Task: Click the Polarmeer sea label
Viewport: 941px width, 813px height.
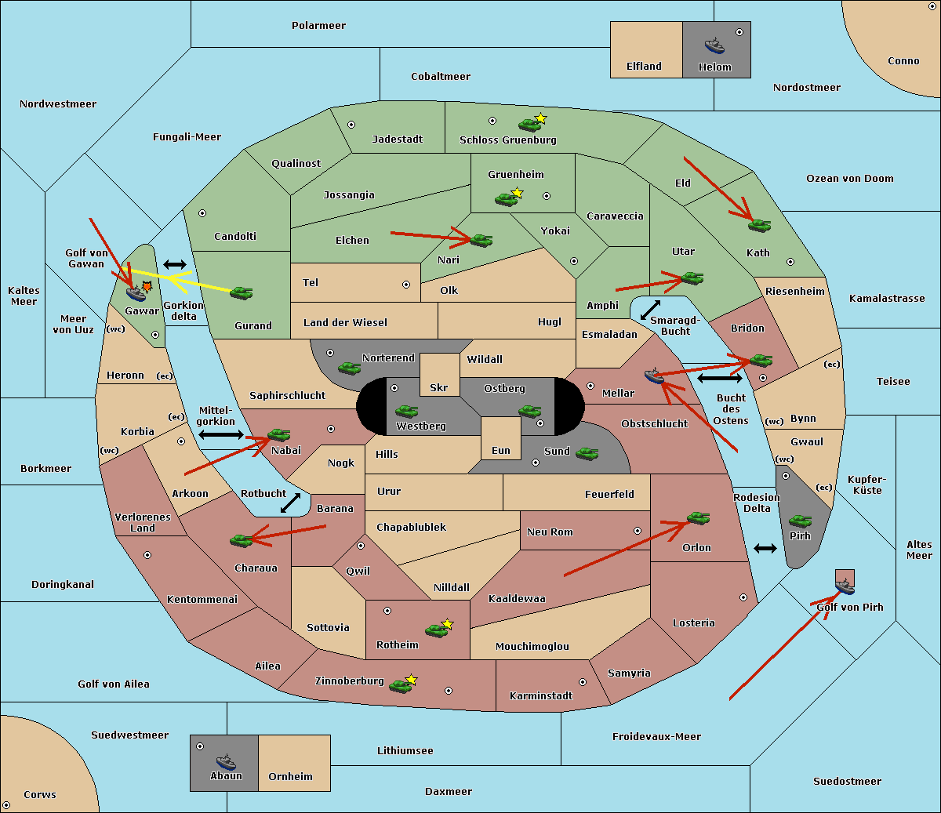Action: point(318,26)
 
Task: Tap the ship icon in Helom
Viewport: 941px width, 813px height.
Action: point(714,45)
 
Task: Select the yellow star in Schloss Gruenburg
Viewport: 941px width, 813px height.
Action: point(540,118)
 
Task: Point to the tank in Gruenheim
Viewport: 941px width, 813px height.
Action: point(506,199)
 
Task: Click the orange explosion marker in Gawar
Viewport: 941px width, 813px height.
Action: point(147,287)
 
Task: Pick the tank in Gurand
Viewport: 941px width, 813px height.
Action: point(241,293)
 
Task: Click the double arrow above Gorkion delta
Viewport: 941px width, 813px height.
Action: point(174,265)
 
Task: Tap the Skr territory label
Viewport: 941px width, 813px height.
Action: point(439,387)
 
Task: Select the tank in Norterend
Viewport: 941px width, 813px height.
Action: point(349,368)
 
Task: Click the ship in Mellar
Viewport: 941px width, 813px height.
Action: point(654,376)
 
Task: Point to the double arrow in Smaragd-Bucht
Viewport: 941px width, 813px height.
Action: point(651,310)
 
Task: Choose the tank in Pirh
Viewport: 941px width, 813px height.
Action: point(800,521)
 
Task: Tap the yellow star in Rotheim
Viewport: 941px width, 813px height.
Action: point(448,624)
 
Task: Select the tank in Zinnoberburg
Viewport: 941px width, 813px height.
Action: point(401,686)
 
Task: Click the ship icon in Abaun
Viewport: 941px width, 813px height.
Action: point(226,761)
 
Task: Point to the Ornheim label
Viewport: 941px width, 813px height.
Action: point(290,777)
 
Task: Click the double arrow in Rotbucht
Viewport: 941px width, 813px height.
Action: point(290,503)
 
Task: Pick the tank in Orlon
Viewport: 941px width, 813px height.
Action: point(698,518)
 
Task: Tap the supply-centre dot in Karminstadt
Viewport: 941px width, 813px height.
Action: point(583,682)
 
